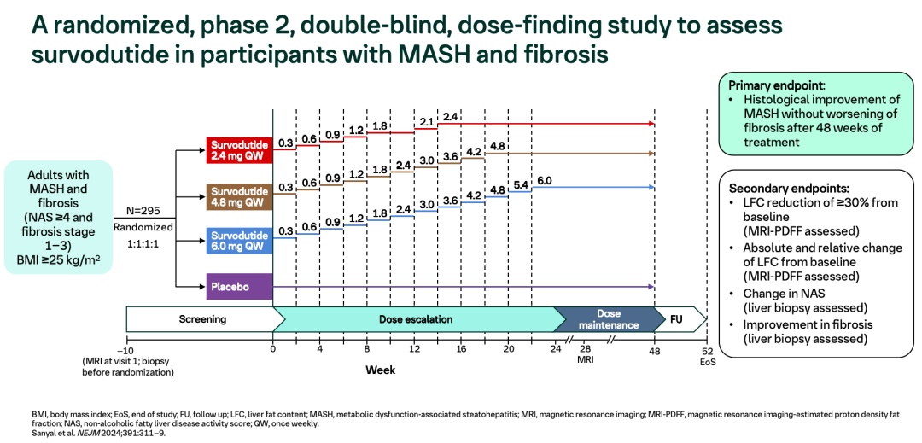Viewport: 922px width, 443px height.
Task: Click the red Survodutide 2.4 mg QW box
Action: pyautogui.click(x=238, y=149)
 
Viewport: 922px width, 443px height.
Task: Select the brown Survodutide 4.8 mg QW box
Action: pyautogui.click(x=238, y=198)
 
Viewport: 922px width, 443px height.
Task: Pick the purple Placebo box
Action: pyautogui.click(x=238, y=287)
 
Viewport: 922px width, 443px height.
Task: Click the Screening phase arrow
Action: pyautogui.click(x=203, y=319)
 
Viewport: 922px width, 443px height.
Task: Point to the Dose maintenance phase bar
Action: pyautogui.click(x=609, y=319)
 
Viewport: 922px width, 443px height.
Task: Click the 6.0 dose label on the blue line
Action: pyautogui.click(x=544, y=181)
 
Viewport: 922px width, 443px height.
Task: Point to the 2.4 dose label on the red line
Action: pyautogui.click(x=451, y=116)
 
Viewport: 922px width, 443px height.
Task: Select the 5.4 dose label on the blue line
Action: pyautogui.click(x=520, y=185)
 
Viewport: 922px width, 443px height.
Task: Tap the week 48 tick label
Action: pyautogui.click(x=654, y=349)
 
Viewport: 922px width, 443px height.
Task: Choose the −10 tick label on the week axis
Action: pyautogui.click(x=126, y=349)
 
